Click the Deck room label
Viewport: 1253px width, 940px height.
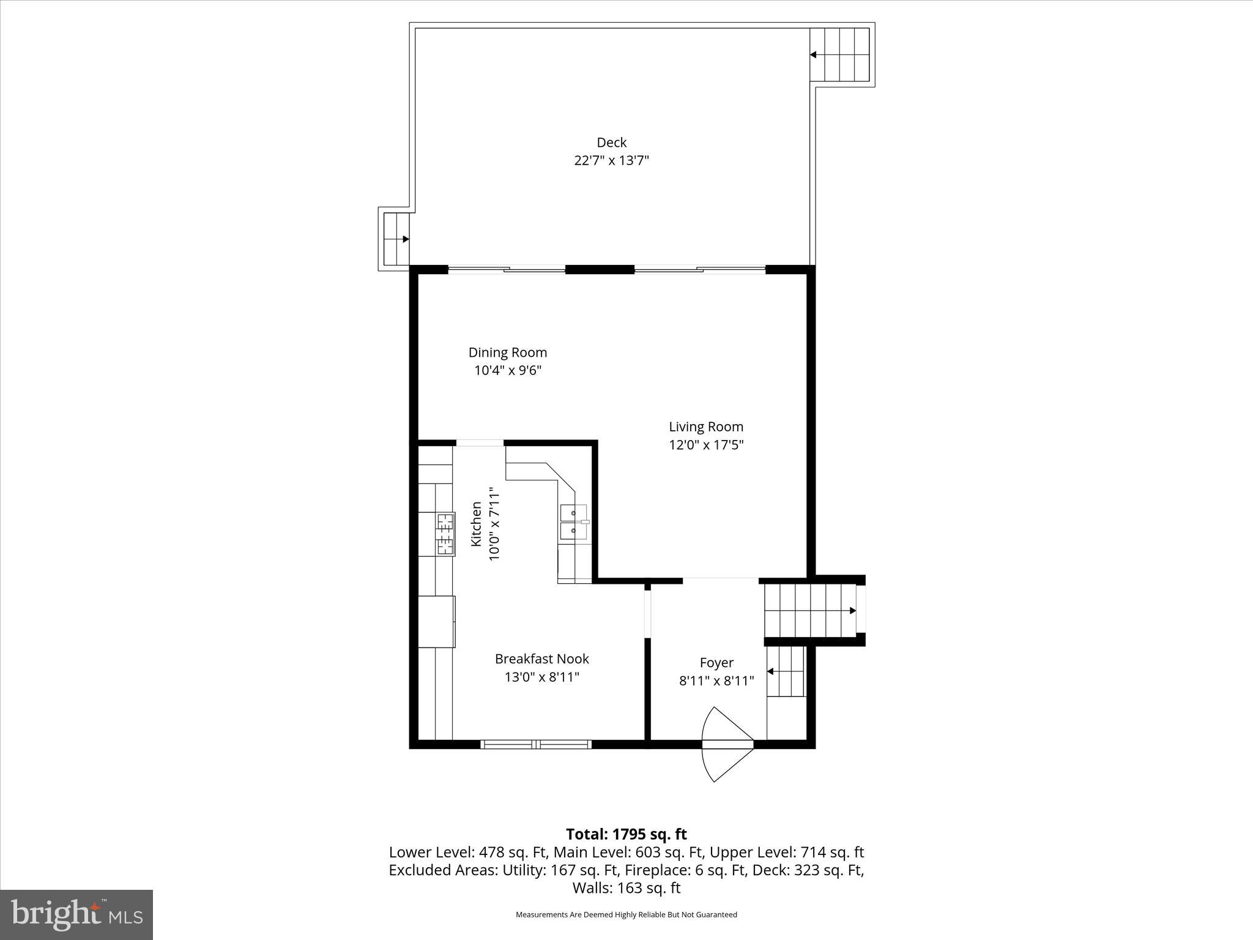tap(611, 143)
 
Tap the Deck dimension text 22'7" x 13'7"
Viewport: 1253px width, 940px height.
tap(611, 161)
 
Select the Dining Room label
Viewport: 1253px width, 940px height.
tap(507, 352)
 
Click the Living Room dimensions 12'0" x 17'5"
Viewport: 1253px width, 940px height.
tap(706, 445)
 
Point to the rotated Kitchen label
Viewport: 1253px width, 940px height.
tap(476, 524)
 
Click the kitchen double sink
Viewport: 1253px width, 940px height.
tap(574, 521)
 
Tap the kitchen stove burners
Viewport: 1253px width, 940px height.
tap(445, 534)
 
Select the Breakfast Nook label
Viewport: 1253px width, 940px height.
tap(541, 659)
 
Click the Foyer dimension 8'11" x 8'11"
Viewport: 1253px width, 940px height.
tap(716, 681)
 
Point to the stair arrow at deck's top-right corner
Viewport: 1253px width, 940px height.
tap(814, 54)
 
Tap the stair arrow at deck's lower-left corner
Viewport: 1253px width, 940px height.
tap(405, 239)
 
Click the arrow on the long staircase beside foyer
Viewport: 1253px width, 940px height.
tap(852, 611)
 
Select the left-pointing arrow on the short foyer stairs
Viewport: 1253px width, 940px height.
tap(770, 671)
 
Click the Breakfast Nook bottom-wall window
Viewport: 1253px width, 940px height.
tap(536, 744)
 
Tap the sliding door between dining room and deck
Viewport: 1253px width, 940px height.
tap(507, 269)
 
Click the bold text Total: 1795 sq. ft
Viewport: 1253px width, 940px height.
tap(626, 834)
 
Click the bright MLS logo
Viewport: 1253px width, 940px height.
tap(76, 914)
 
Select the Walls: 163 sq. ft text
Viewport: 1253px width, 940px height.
tap(626, 887)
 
